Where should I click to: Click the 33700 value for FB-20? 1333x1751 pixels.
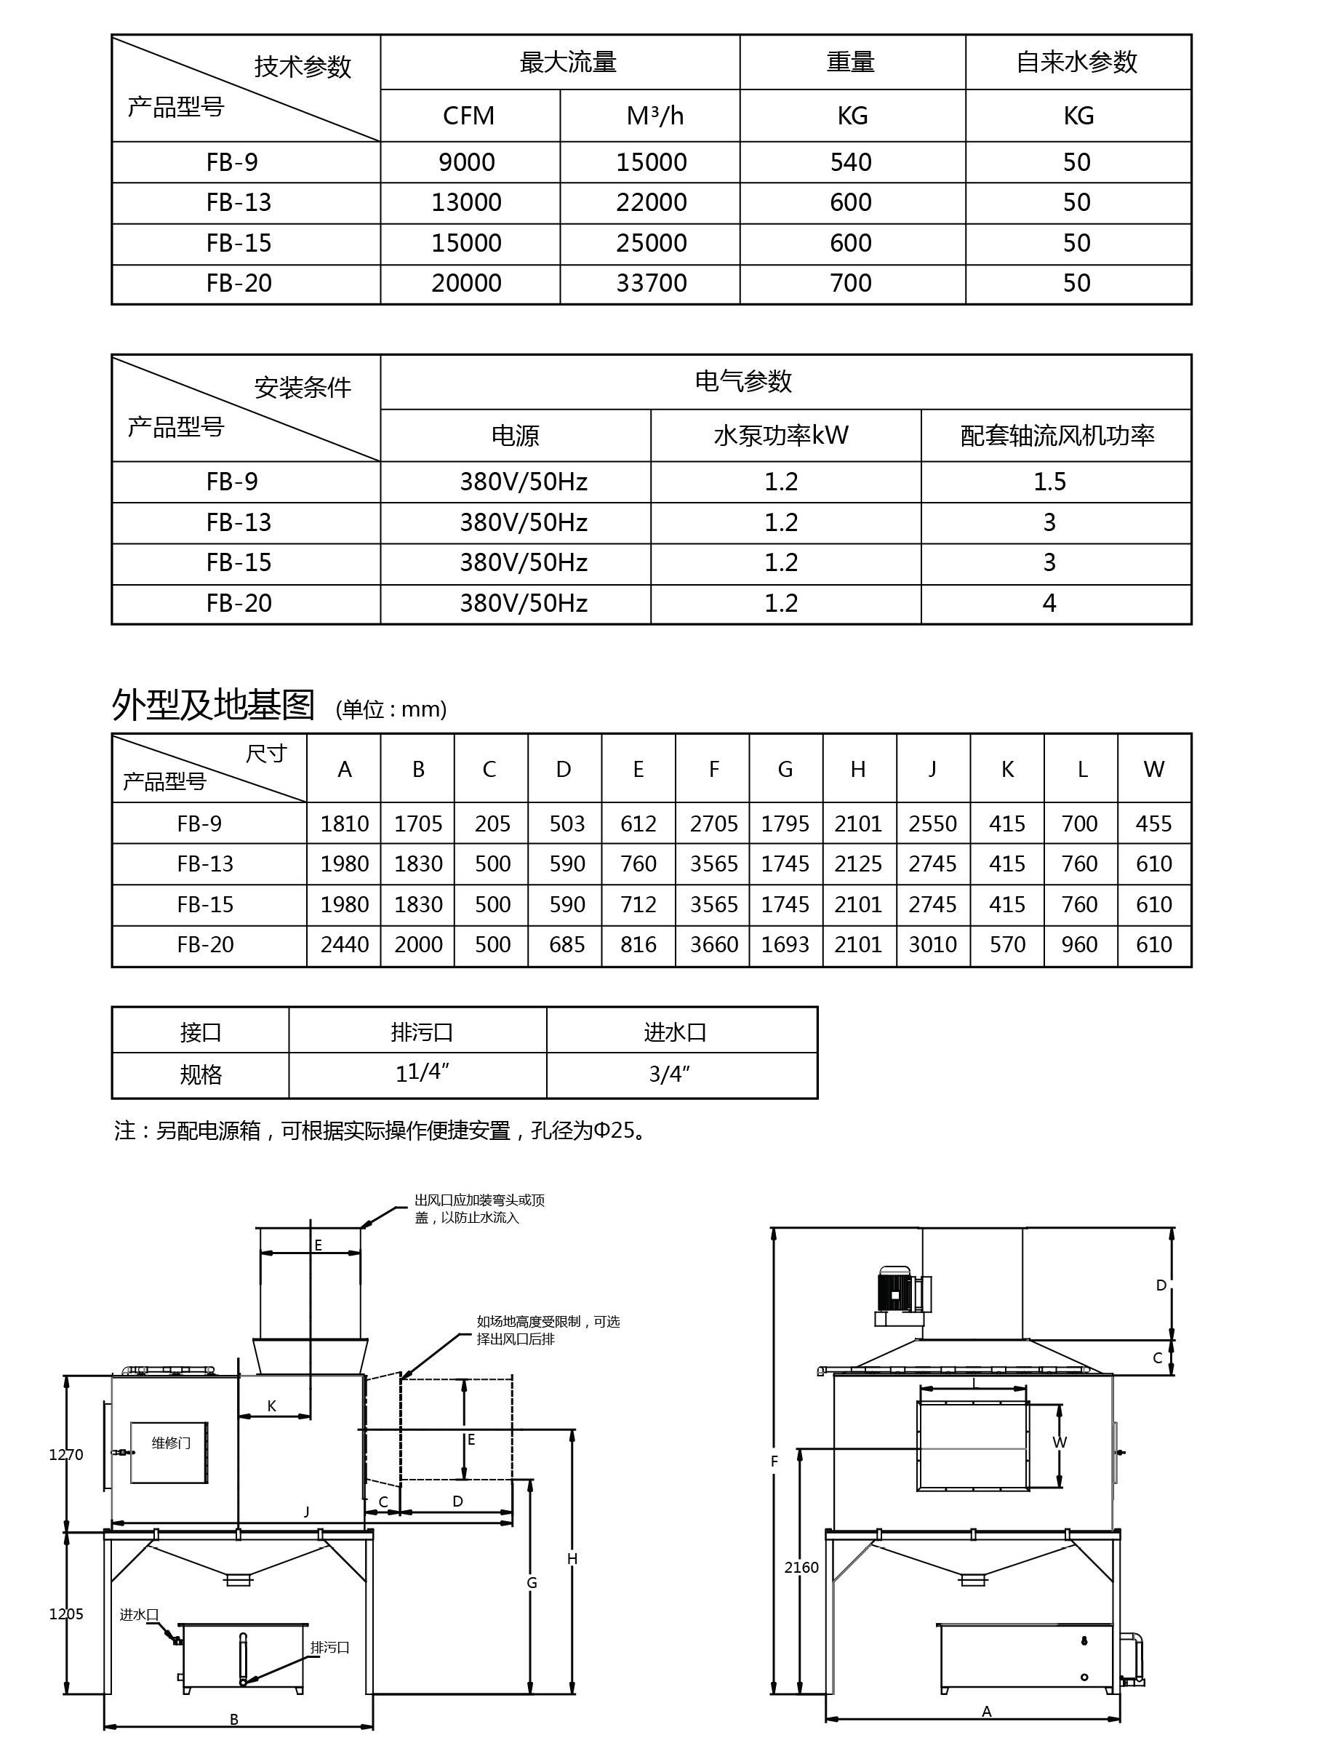tap(652, 284)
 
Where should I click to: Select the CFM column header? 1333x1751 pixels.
tap(468, 116)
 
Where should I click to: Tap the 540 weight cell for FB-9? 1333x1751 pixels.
tap(851, 163)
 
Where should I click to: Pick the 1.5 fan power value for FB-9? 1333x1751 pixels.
tap(1049, 482)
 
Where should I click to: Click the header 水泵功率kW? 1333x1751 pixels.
tap(781, 436)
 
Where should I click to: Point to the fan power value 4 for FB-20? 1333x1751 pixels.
tap(1049, 603)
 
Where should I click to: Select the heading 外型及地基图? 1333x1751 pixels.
tap(213, 705)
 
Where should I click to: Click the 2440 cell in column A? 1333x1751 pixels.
tap(345, 944)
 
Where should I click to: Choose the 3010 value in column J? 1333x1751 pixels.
tap(932, 944)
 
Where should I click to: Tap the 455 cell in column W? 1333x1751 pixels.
tap(1153, 824)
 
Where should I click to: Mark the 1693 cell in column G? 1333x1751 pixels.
tap(785, 944)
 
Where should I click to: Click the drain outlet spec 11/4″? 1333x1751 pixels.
tap(422, 1073)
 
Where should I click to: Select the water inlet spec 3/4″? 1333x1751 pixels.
tap(669, 1074)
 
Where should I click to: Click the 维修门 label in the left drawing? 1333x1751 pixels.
tap(171, 1443)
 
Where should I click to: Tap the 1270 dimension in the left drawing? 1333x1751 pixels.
tap(66, 1455)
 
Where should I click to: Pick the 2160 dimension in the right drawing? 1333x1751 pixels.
tap(801, 1568)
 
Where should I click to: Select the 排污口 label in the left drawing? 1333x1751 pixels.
tap(329, 1648)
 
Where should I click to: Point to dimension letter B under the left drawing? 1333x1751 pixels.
tap(234, 1719)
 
